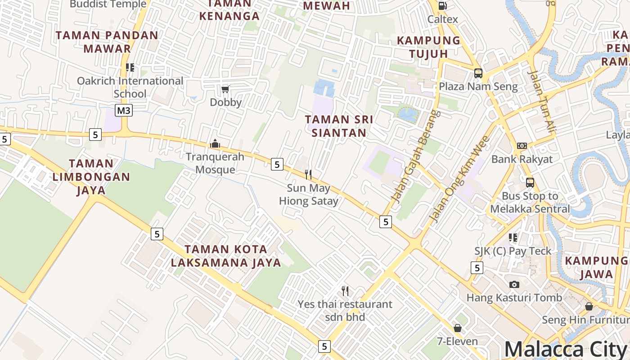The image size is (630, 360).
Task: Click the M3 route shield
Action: pos(123,110)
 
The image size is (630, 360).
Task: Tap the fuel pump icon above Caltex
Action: pos(442,6)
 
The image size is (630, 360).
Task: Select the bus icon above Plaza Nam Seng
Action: pos(478,73)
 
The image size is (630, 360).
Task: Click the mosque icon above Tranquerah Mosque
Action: pos(215,144)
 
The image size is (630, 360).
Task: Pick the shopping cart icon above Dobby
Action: pos(225,89)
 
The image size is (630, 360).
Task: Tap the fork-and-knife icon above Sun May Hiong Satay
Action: pos(308,174)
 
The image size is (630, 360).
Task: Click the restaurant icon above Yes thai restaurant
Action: pos(345,291)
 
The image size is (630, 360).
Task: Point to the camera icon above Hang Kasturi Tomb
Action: pos(514,284)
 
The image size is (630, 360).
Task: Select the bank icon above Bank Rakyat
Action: pos(522,146)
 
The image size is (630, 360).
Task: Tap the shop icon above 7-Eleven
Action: pos(458,328)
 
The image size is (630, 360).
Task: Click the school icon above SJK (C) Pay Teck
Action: pos(513,237)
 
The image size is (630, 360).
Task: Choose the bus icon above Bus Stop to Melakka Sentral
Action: pos(530,182)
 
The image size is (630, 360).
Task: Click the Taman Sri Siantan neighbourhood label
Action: pos(339,126)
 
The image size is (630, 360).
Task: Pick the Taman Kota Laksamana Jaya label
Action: pos(226,256)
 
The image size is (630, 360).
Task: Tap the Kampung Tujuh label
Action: pos(429,47)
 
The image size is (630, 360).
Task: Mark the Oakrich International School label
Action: pos(130,87)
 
